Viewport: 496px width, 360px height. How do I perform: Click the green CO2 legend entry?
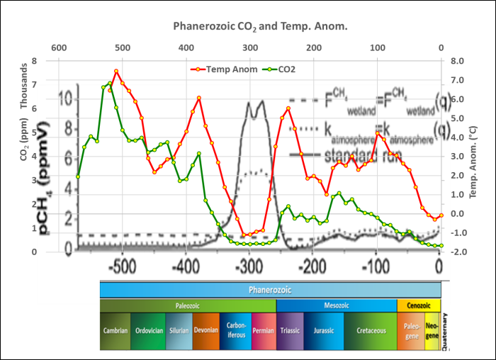coord(280,69)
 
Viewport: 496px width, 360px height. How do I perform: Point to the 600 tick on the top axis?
coord(59,48)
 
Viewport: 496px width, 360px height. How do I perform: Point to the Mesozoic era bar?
coord(336,305)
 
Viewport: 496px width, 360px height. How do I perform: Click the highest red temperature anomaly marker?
coord(116,72)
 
